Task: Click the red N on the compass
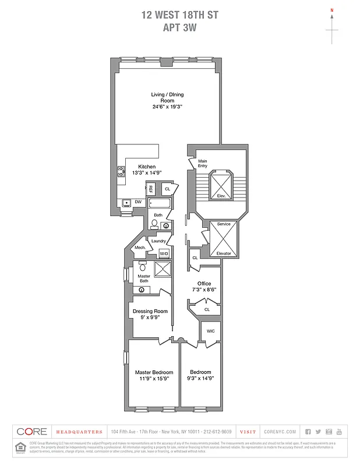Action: coord(332,10)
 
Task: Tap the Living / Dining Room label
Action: coord(163,97)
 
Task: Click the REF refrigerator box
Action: coord(150,189)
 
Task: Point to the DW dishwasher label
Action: coord(138,202)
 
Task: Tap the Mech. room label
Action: coord(140,248)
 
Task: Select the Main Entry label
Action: coord(203,164)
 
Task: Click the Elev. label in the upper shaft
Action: coord(221,196)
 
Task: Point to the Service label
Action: coord(224,224)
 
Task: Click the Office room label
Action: coord(204,284)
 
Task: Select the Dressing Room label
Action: coord(150,311)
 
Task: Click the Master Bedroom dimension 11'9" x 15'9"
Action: coord(154,379)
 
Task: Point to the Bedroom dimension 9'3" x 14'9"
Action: coord(200,379)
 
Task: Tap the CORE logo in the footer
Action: coord(32,432)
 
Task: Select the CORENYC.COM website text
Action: coord(281,432)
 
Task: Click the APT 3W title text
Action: coord(179,26)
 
